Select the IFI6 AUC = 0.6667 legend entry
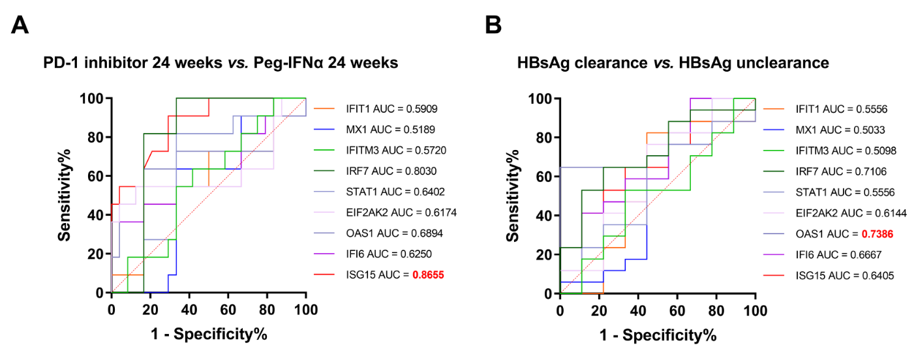[843, 254]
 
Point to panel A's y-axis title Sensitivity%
[65, 195]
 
